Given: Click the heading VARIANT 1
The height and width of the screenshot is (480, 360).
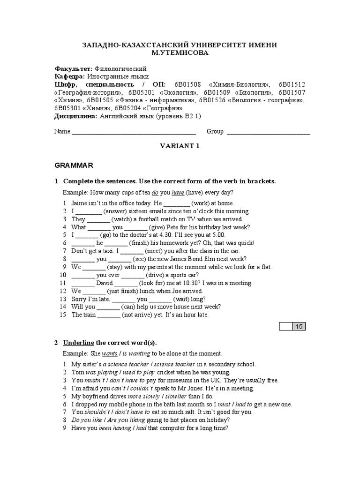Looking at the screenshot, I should tap(180, 146).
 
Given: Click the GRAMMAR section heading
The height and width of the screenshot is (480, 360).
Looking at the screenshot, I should tap(74, 165).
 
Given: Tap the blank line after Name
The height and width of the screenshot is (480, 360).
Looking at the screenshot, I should tap(134, 132).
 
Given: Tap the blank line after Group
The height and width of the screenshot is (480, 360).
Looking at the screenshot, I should tap(268, 132).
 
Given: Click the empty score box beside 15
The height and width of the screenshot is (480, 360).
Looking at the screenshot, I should tap(286, 326).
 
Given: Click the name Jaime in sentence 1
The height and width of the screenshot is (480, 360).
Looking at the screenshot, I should tap(80, 203).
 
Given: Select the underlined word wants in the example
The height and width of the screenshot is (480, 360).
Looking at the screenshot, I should tap(109, 353).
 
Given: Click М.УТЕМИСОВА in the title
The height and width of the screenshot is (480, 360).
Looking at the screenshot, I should tap(180, 53).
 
